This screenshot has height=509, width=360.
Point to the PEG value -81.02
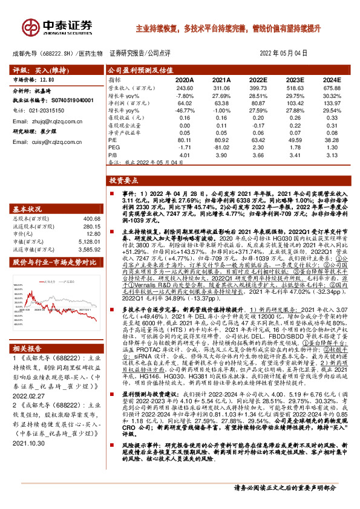[x=222, y=146]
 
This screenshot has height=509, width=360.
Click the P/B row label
[x=113, y=154]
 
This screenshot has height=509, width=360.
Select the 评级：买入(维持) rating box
[x=33, y=70]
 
